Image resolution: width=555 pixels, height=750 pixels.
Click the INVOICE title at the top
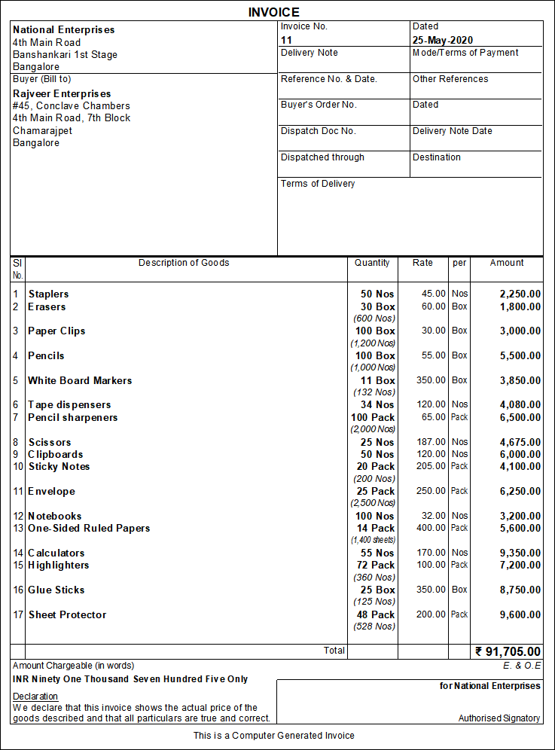pos(274,12)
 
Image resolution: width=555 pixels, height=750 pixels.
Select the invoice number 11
pos(286,40)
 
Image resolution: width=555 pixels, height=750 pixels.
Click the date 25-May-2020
pos(443,40)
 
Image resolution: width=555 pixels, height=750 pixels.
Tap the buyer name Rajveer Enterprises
pos(61,93)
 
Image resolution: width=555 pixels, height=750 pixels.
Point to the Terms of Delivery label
pos(318,184)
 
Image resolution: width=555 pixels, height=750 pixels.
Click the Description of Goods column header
pos(184,263)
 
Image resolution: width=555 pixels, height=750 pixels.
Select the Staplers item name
pos(48,294)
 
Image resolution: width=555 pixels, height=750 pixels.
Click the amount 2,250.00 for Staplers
pos(520,294)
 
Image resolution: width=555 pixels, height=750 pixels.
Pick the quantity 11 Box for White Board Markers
pos(377,380)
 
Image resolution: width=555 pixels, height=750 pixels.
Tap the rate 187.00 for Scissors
pos(431,442)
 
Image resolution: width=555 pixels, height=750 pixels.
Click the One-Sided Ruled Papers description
pos(89,529)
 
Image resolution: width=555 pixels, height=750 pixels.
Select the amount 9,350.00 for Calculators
pos(520,553)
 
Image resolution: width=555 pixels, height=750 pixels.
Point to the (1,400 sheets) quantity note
pos(373,540)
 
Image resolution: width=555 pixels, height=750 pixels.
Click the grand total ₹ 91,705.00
pos(508,651)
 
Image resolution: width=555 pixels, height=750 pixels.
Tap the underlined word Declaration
pos(35,697)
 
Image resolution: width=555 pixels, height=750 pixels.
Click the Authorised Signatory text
pos(499,718)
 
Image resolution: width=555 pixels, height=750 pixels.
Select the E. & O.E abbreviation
pos(522,666)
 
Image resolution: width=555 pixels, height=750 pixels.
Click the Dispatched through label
pos(322,157)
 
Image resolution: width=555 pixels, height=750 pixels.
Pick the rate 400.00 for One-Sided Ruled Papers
pos(431,529)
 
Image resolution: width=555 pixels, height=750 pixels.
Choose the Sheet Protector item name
pos(67,615)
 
